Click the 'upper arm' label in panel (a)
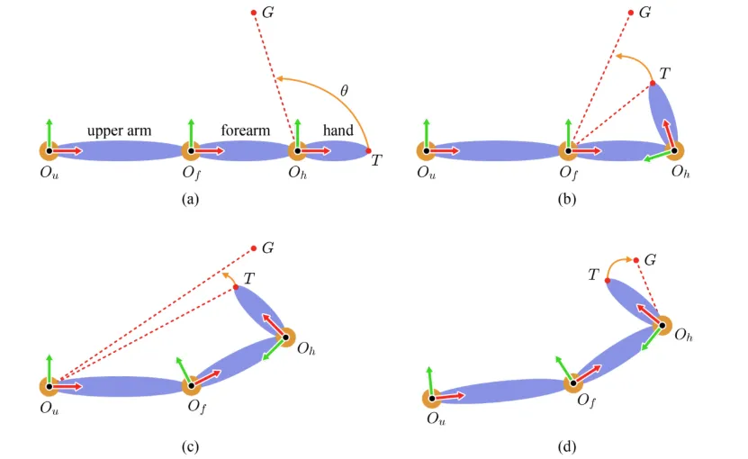pos(119,130)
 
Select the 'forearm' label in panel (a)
pos(246,130)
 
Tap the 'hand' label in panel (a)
pos(338,130)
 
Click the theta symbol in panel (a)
pos(344,91)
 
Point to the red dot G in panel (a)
pos(254,13)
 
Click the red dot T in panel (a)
pos(369,150)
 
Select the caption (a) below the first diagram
pos(189,200)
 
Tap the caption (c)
pos(189,445)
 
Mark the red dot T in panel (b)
pos(653,84)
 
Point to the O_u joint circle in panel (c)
pos(49,385)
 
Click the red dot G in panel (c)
pos(254,247)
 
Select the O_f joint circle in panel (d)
pos(572,383)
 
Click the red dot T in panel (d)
pos(608,281)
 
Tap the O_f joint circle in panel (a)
pos(191,150)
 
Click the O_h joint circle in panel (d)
pos(662,327)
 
